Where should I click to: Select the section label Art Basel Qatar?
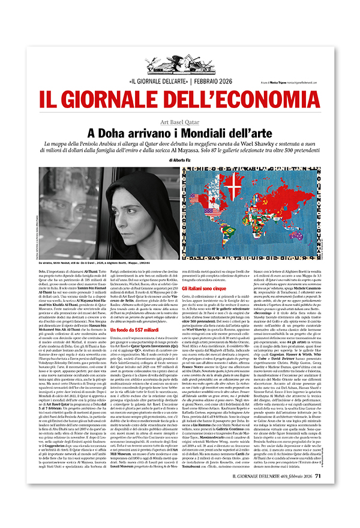[x=179, y=121]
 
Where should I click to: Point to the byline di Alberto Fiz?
[x=179, y=160]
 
